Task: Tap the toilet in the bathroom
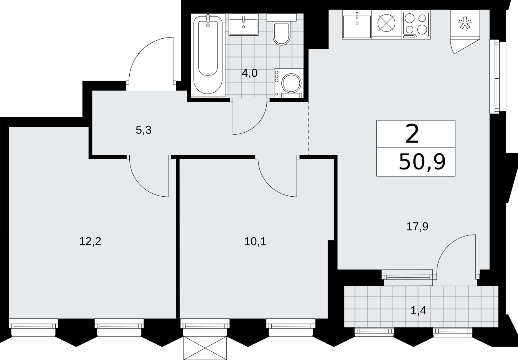click(281, 30)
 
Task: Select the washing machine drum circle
click(291, 83)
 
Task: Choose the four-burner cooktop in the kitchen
click(416, 25)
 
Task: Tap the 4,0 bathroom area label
click(249, 73)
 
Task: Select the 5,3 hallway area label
click(144, 130)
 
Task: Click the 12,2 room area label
click(90, 242)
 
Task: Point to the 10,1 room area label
click(255, 242)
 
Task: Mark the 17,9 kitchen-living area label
click(417, 227)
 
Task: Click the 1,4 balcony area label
click(418, 311)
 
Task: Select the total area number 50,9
click(422, 162)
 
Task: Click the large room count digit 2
click(412, 134)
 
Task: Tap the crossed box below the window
click(205, 348)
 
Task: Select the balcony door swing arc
click(446, 247)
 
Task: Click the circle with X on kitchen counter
click(386, 23)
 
